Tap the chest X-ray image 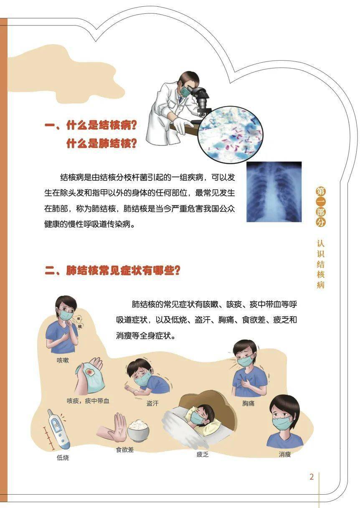(x=274, y=191)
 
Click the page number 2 (x=312, y=477)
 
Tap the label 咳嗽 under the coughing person (x=63, y=360)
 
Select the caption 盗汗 (x=152, y=404)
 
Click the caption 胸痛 (x=248, y=404)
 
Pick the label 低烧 (x=63, y=457)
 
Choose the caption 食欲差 (x=125, y=450)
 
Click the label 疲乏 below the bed (x=203, y=454)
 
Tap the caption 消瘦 (x=285, y=454)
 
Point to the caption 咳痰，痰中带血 (x=88, y=401)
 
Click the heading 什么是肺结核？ (x=101, y=144)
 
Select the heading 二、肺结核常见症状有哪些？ (x=113, y=270)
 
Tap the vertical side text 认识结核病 (x=320, y=264)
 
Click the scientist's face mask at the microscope (x=184, y=91)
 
